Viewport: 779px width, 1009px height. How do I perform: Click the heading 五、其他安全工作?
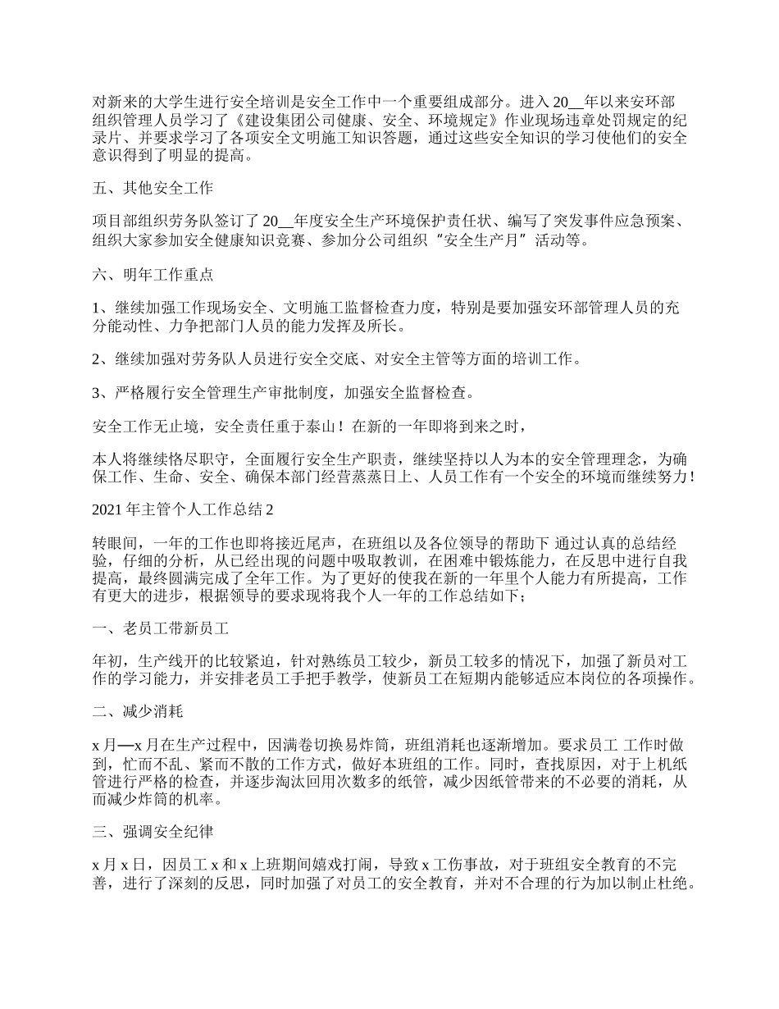click(x=153, y=188)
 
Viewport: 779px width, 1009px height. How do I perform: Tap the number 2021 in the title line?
click(x=108, y=509)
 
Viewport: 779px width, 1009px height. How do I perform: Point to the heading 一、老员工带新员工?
click(x=160, y=629)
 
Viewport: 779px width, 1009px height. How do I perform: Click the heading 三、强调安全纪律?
click(x=153, y=833)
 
